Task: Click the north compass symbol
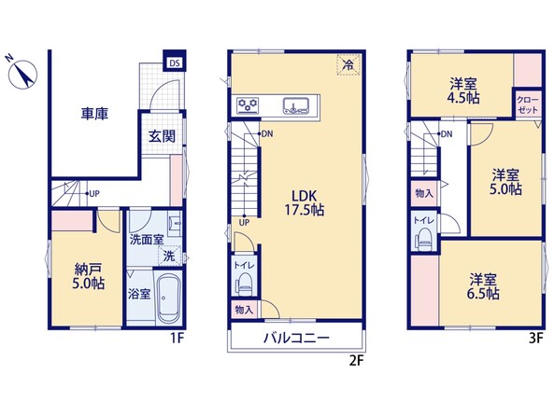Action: pyautogui.click(x=22, y=74)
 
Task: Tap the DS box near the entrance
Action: pyautogui.click(x=174, y=63)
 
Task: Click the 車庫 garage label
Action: pyautogui.click(x=94, y=114)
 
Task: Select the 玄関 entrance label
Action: pyautogui.click(x=162, y=136)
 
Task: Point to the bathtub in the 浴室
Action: pyautogui.click(x=169, y=298)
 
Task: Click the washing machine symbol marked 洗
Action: pyautogui.click(x=170, y=256)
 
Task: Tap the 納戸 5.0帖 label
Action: pyautogui.click(x=89, y=276)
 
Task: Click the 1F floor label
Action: pyautogui.click(x=177, y=339)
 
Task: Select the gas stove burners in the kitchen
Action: pyautogui.click(x=248, y=104)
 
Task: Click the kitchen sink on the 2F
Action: pyautogui.click(x=296, y=105)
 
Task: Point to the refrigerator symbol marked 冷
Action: pyautogui.click(x=348, y=64)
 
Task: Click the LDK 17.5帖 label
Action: pyautogui.click(x=305, y=202)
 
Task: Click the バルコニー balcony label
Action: pyautogui.click(x=296, y=338)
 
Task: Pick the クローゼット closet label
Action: pyautogui.click(x=528, y=104)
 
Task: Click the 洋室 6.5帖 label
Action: pyautogui.click(x=483, y=286)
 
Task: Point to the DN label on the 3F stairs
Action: pyautogui.click(x=447, y=134)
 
